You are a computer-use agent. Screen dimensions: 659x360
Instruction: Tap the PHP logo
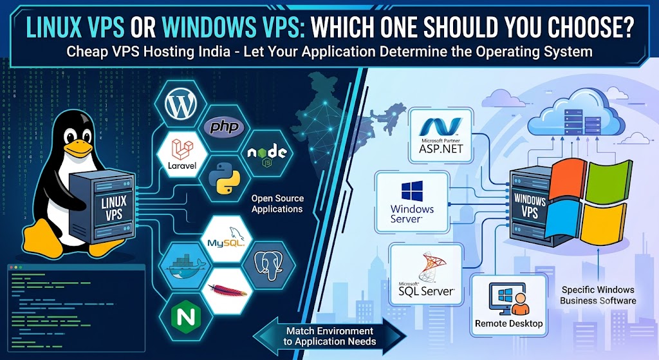224,127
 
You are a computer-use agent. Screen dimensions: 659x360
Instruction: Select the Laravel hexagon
182,155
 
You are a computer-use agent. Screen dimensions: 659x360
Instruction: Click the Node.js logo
267,153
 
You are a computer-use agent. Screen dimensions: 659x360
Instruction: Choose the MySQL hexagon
226,239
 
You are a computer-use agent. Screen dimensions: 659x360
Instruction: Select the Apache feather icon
227,290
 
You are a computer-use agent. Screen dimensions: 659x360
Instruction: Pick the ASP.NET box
441,136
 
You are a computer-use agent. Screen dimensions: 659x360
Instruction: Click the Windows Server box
413,202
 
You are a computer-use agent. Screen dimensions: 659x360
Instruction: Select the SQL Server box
426,274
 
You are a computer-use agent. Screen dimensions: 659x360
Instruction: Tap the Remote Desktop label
509,323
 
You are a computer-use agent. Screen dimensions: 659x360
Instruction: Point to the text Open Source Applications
277,204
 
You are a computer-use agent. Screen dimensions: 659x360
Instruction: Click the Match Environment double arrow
330,336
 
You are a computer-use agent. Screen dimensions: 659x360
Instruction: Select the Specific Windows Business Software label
598,295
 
